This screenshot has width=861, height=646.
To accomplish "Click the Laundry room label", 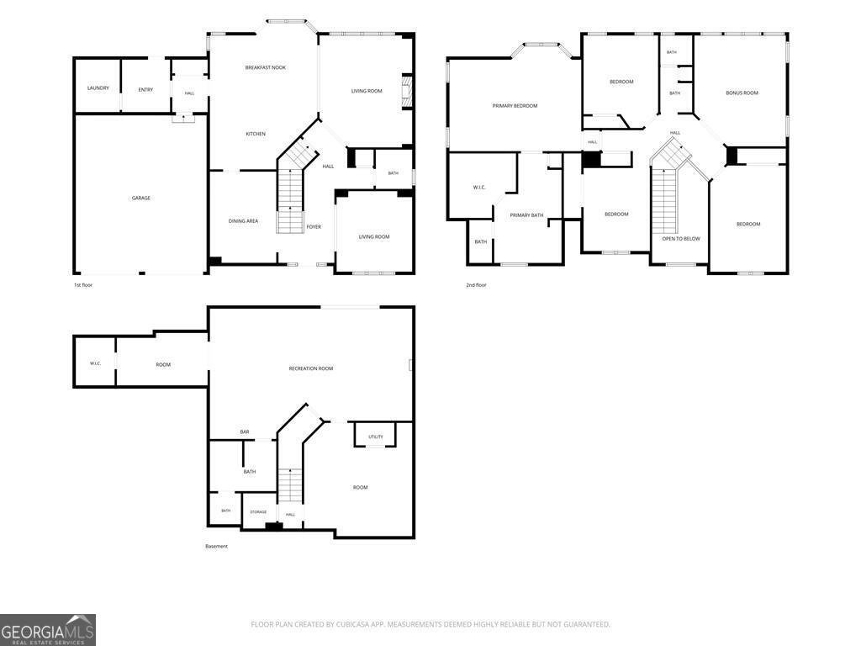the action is click(x=98, y=87).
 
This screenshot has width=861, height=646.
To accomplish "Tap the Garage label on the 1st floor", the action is click(x=141, y=198).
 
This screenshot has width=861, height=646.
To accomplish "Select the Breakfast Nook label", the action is click(x=265, y=67).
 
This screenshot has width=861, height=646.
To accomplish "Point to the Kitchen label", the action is click(x=256, y=134).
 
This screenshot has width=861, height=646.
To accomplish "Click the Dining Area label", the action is click(x=243, y=221).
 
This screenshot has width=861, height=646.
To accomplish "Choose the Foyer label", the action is click(x=314, y=226).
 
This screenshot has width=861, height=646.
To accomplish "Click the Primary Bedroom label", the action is click(x=515, y=105).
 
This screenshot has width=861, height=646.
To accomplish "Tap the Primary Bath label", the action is click(x=526, y=215).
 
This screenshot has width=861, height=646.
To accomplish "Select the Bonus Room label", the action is click(x=742, y=93).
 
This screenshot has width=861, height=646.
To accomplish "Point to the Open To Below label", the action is click(x=681, y=238).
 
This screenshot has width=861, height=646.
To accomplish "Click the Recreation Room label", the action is click(x=311, y=368).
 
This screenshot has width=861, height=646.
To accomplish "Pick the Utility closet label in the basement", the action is click(x=376, y=437).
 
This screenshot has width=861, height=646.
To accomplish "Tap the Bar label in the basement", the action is click(x=245, y=432).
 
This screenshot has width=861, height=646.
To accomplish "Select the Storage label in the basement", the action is click(x=258, y=512).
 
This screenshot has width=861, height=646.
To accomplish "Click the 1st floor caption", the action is click(x=83, y=285).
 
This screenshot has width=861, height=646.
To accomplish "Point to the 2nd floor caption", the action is click(x=476, y=285).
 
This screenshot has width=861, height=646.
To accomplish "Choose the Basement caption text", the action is click(x=216, y=546).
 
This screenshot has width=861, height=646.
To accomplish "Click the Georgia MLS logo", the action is click(x=48, y=630).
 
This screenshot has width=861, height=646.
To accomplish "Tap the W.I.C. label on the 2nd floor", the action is click(x=478, y=188).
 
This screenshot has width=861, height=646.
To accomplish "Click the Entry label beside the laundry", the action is click(x=145, y=89).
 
